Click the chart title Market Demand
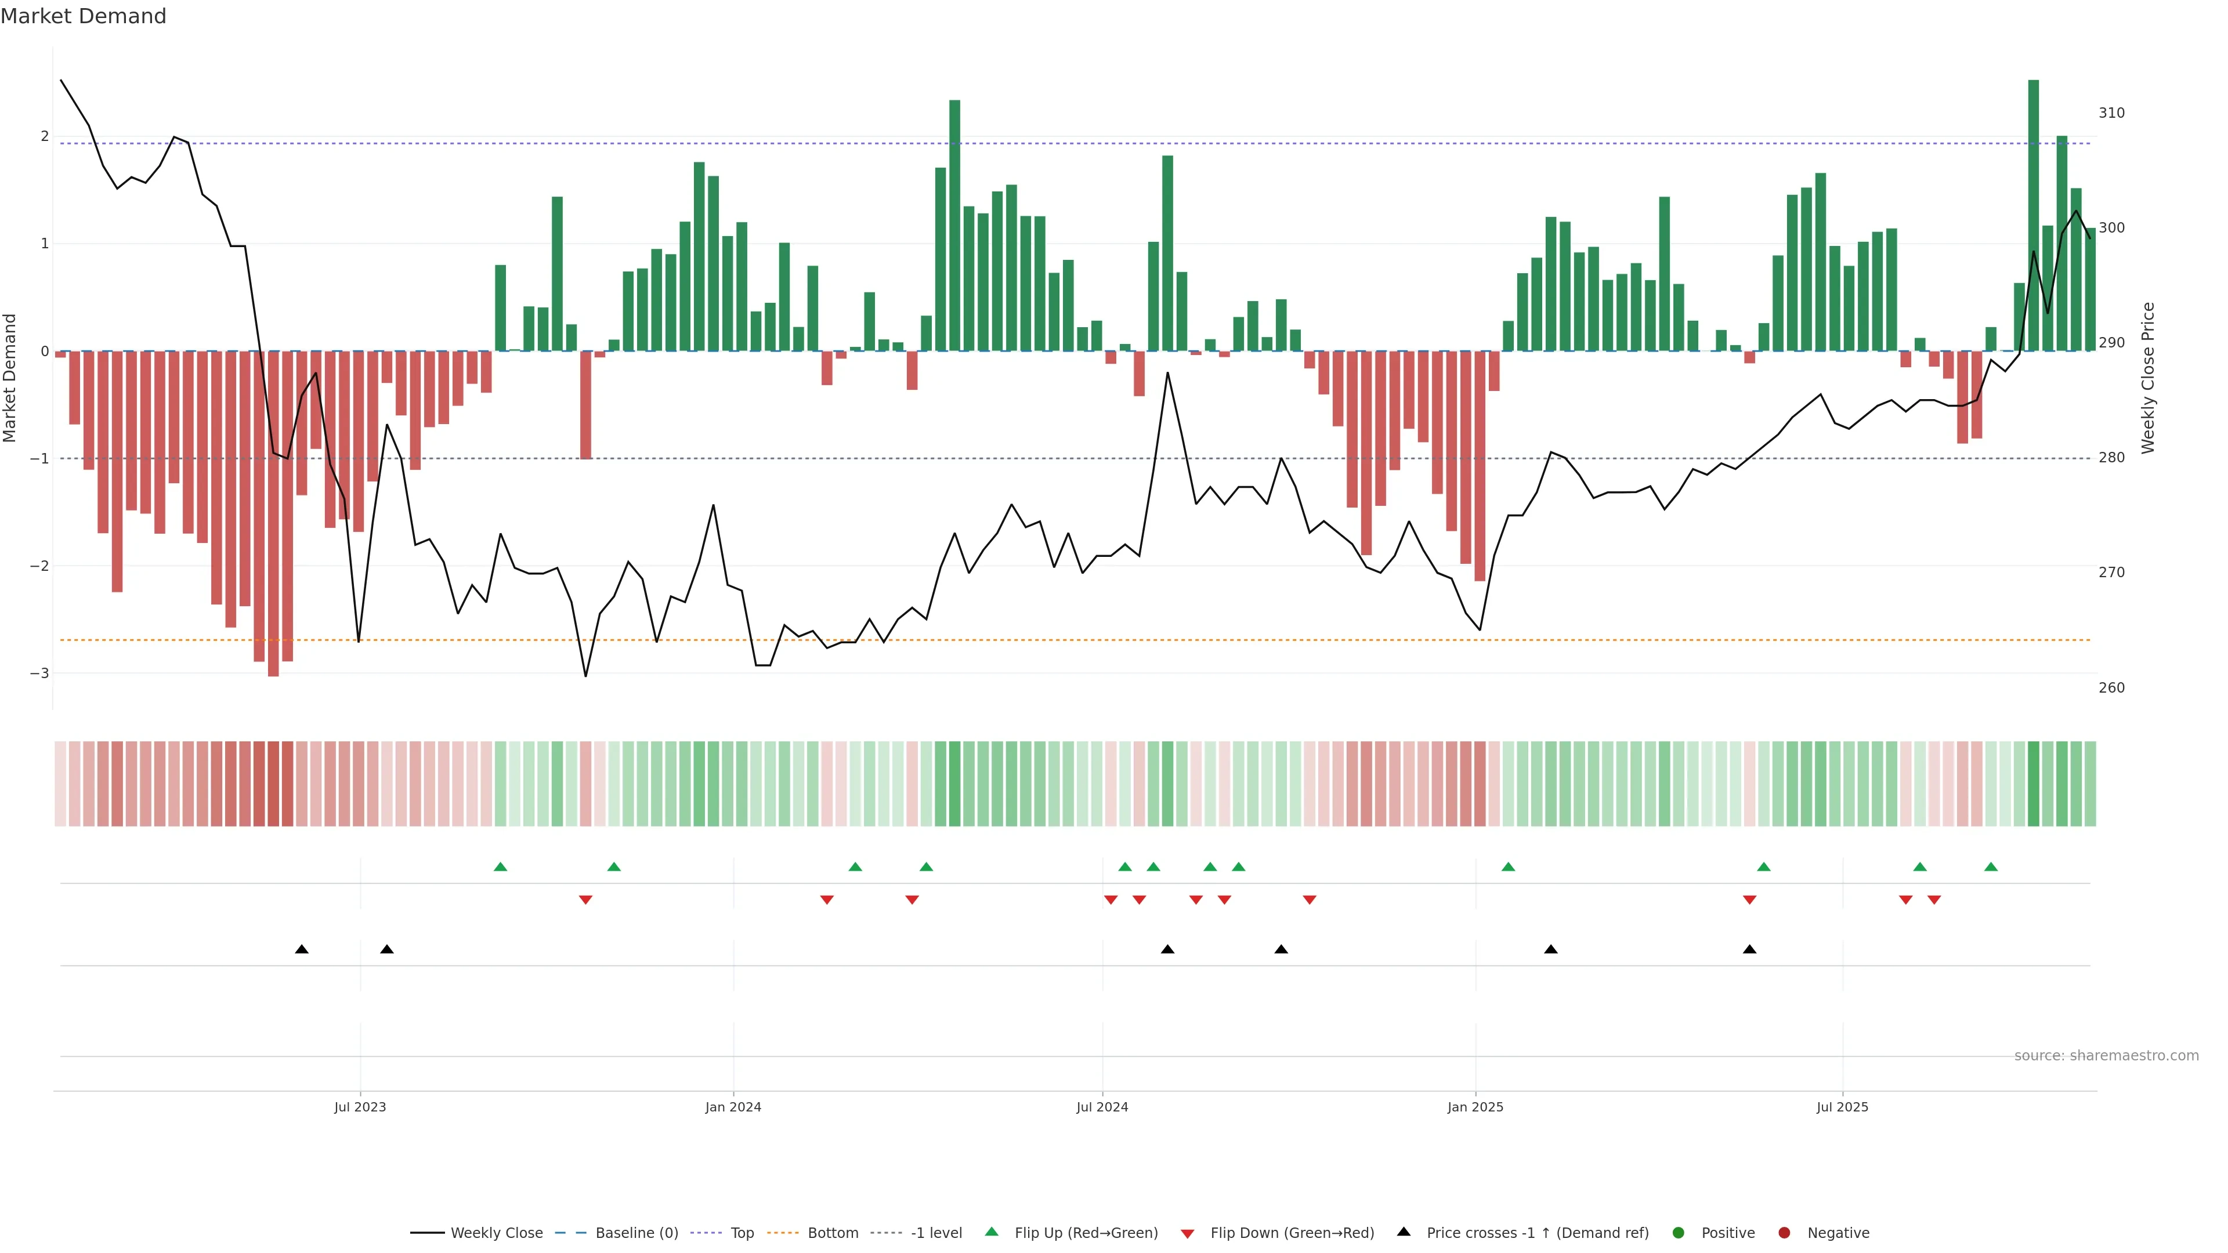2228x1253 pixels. coord(83,16)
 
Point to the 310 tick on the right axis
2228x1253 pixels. coord(2111,113)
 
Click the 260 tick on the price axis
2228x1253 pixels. coord(2111,689)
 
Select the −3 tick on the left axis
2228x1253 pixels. coord(39,673)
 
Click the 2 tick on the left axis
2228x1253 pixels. coord(44,137)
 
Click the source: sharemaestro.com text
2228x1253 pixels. coord(2106,1056)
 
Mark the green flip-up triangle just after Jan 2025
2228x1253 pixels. coord(1509,867)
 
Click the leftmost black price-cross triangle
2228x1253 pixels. coord(302,950)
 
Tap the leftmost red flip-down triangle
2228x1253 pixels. coord(585,900)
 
